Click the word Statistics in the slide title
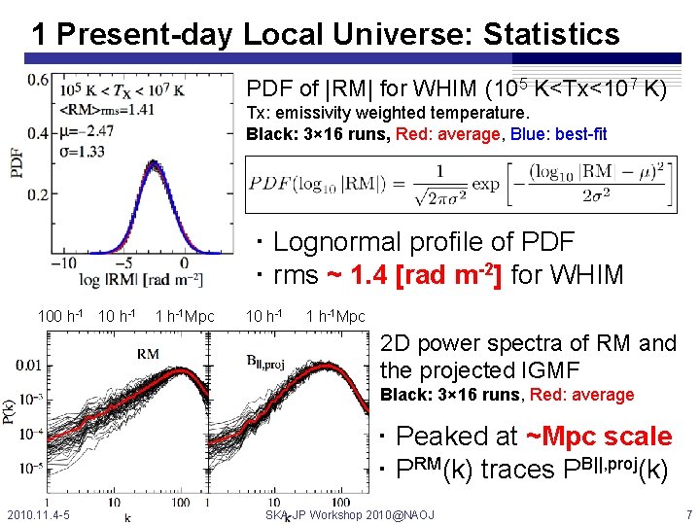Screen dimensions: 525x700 [x=550, y=35]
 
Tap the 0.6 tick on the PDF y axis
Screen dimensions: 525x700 [x=39, y=79]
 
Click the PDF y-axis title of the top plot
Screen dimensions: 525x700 [x=17, y=161]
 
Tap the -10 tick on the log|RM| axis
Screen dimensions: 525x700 [x=63, y=263]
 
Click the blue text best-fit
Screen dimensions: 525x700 [x=579, y=134]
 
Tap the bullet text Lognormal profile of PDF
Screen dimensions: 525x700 [x=423, y=241]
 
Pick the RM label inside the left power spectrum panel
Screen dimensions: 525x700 [x=148, y=353]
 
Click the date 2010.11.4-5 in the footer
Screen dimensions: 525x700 [x=37, y=513]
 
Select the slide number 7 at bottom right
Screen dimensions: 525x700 [x=688, y=513]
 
